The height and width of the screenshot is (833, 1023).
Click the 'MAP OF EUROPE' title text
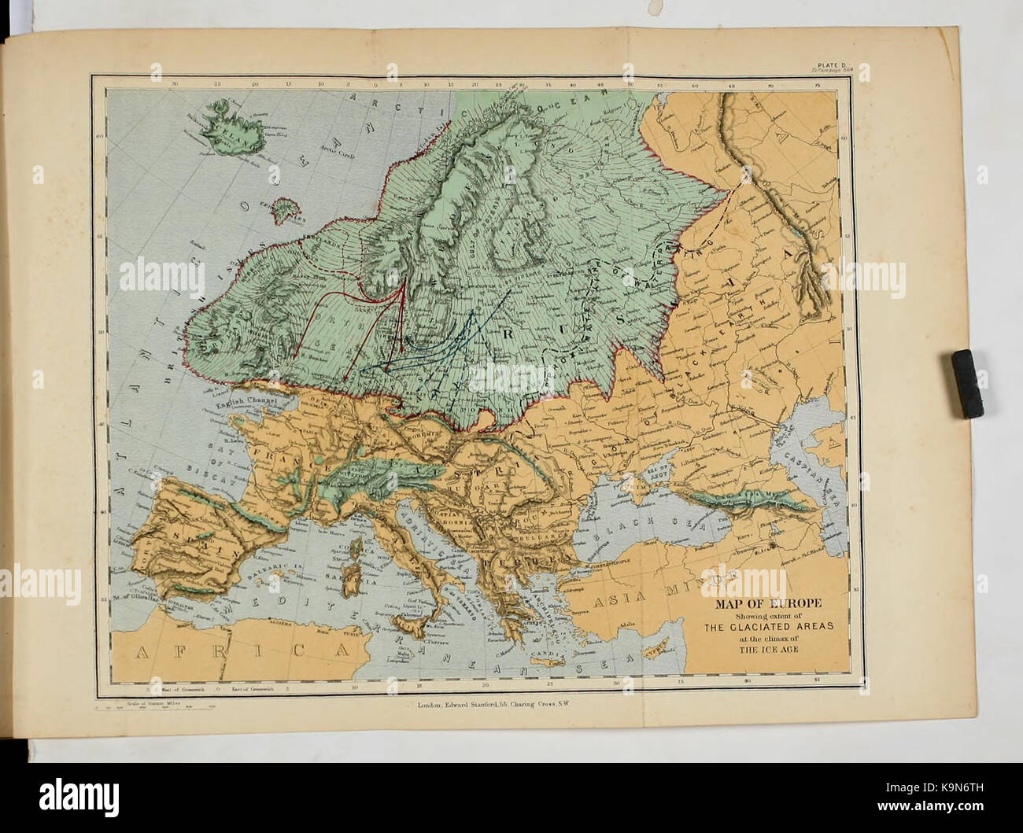point(768,603)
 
